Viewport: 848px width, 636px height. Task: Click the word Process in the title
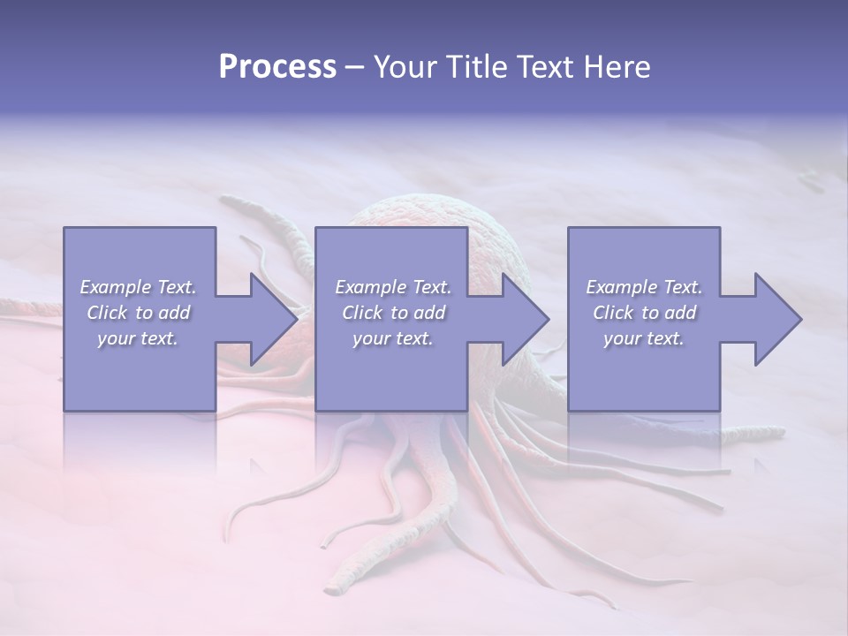point(277,67)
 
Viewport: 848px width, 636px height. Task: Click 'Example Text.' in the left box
point(138,287)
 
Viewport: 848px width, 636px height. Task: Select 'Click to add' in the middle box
point(393,313)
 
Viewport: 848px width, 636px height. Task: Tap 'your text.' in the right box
point(643,338)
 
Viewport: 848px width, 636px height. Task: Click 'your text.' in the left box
point(138,338)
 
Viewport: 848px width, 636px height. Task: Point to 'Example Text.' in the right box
point(644,287)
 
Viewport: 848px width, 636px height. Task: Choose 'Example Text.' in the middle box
point(393,287)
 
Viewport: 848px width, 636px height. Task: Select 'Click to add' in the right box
point(644,313)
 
